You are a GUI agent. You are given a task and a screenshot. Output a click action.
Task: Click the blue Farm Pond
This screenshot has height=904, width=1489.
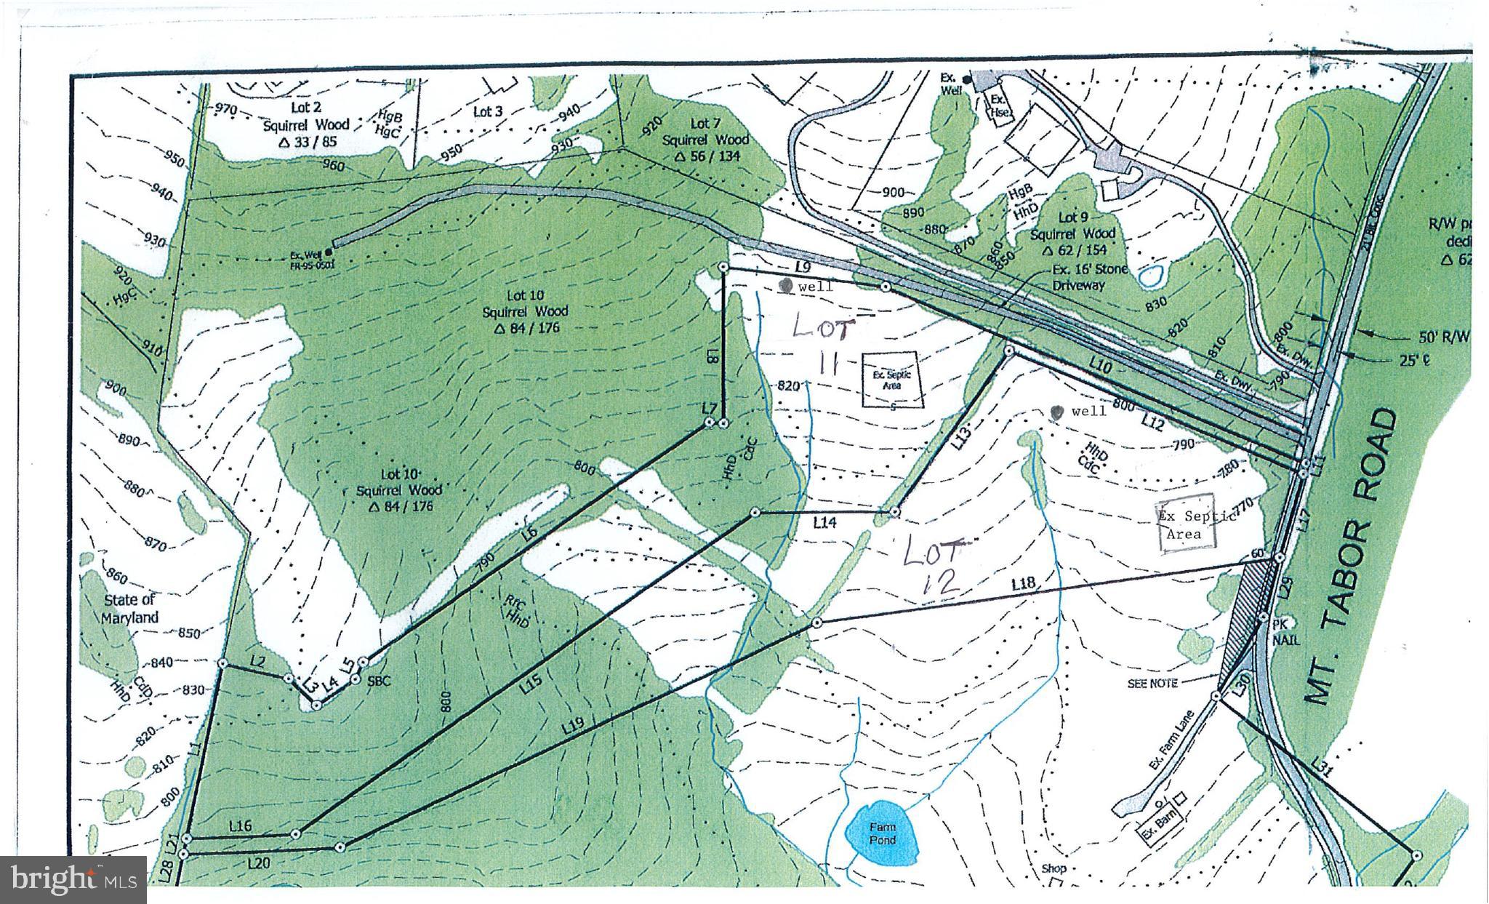[x=881, y=833]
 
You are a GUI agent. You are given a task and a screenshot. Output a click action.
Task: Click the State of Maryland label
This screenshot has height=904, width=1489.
[x=129, y=609]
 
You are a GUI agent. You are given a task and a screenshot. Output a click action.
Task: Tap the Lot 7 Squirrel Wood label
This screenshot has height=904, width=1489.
[x=705, y=138]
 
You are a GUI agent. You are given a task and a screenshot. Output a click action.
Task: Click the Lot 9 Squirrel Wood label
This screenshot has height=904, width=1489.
[x=1072, y=233]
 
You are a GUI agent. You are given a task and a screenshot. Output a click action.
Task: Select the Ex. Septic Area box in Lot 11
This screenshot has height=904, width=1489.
[x=891, y=380]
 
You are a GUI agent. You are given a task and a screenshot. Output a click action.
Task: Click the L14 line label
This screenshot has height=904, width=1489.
[x=825, y=522]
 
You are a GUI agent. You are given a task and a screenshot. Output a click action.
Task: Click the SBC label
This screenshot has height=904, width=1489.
[x=380, y=681]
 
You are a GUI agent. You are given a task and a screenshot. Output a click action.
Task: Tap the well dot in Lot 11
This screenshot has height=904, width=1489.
[x=786, y=285]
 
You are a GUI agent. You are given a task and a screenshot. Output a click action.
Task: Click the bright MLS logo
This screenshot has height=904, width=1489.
[x=73, y=880]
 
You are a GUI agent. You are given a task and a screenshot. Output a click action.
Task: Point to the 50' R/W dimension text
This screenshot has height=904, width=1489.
[x=1444, y=336]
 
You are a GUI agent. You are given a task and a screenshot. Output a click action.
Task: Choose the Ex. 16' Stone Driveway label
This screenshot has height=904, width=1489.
[x=1089, y=277]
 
